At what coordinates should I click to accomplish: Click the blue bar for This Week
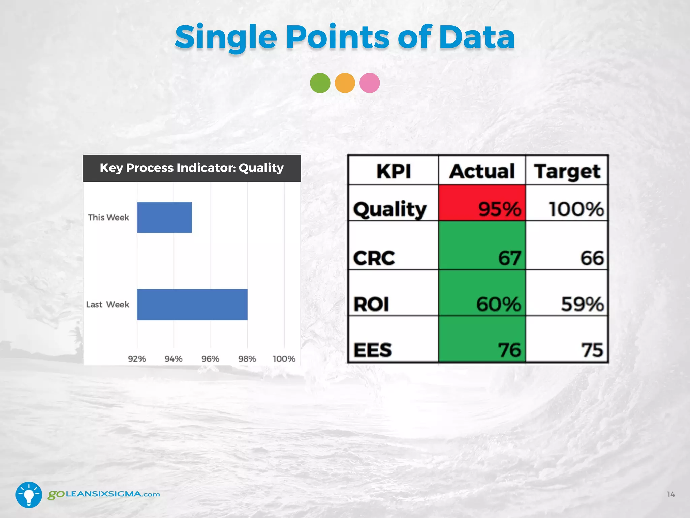point(164,218)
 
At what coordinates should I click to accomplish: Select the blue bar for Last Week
point(192,305)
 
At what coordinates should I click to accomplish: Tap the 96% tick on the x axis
point(210,359)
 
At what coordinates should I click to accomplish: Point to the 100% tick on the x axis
point(284,359)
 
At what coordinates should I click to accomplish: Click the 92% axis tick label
point(137,359)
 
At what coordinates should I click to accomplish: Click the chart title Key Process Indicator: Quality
point(192,168)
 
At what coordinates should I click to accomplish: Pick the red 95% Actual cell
point(482,203)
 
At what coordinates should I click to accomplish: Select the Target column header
point(567,171)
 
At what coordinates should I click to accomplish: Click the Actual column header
point(482,171)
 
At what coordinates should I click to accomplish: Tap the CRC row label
point(374,258)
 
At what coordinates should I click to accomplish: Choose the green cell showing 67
point(482,246)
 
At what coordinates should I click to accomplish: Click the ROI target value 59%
point(582,304)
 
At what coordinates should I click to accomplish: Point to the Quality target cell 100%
point(576,209)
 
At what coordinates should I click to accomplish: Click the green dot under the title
point(320,83)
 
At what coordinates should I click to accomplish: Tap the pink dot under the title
point(370,83)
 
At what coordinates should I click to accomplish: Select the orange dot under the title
point(345,83)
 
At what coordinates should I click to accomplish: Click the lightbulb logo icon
point(29,495)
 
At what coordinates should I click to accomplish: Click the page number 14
point(671,495)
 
